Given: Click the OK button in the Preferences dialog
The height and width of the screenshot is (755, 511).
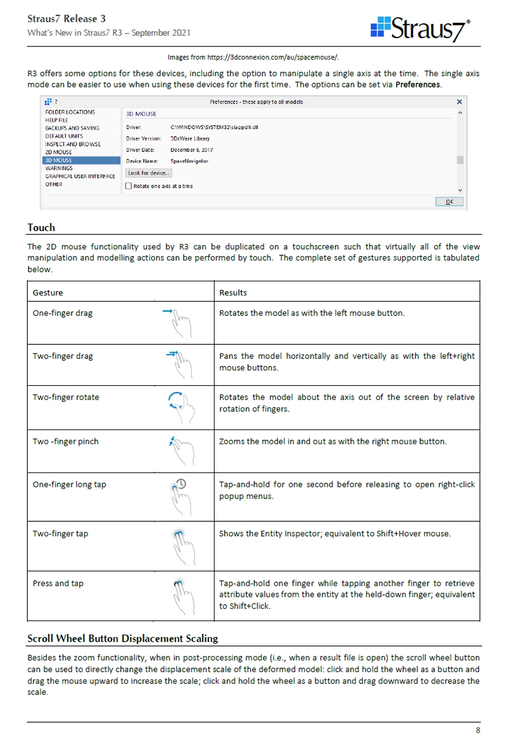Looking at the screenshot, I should click(449, 202).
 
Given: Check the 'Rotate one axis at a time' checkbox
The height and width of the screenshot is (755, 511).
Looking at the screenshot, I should click(128, 186).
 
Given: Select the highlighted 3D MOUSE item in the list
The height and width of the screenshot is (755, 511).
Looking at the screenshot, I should click(58, 161).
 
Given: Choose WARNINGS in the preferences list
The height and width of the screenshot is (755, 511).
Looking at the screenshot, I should click(59, 168).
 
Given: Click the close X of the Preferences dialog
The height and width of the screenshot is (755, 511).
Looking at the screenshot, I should click(459, 102).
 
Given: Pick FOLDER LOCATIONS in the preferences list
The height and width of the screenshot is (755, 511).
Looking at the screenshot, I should click(70, 112).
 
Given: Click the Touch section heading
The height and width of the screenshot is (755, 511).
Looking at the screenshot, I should click(41, 227).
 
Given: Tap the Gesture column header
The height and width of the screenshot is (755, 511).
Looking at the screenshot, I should click(48, 293).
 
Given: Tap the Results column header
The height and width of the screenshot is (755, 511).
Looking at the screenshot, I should click(233, 293).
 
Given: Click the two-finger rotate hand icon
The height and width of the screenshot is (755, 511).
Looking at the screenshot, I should click(181, 405).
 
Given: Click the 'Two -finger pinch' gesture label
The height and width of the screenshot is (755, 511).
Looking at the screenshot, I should click(65, 441).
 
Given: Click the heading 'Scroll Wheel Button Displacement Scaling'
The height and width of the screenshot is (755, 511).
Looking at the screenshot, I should click(123, 639).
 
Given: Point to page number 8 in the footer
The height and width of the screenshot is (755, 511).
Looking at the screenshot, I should click(478, 730).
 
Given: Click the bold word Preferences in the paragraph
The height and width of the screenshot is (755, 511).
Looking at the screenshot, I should click(417, 85).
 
